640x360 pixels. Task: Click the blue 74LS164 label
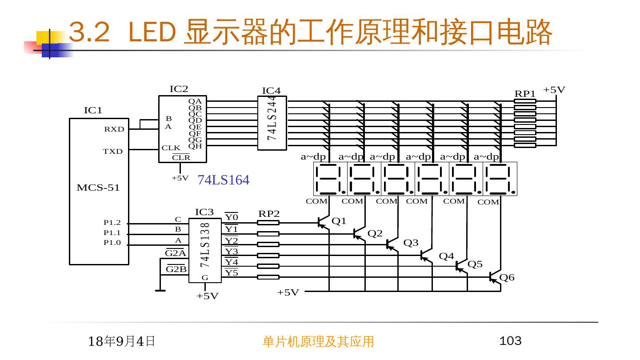click(223, 180)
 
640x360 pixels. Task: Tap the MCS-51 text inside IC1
click(98, 188)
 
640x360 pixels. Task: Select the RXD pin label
click(114, 129)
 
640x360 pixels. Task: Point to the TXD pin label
click(113, 152)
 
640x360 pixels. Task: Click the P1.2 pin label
click(112, 223)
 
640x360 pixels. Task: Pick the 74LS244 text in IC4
click(272, 118)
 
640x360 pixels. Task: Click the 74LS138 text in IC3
click(204, 245)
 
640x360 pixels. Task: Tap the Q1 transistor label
click(339, 221)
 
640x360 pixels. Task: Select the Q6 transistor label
click(507, 277)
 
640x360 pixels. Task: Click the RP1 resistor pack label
click(525, 94)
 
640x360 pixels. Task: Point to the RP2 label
click(269, 214)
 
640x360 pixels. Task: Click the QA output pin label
click(195, 101)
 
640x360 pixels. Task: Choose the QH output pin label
click(195, 146)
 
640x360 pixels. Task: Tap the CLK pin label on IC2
click(171, 148)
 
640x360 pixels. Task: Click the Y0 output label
click(231, 217)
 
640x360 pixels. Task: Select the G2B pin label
click(176, 269)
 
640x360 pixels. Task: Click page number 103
click(510, 341)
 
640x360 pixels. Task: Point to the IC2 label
click(179, 89)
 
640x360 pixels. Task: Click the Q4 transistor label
click(446, 256)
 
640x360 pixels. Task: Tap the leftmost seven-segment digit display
click(330, 179)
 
